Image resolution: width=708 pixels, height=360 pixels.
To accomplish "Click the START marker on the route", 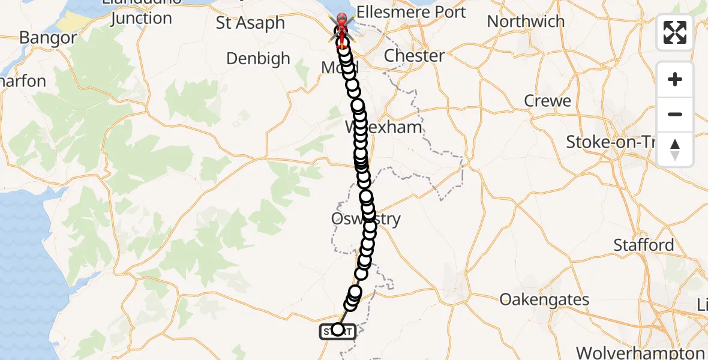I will [x=338, y=330].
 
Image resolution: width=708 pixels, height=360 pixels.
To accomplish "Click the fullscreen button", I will [x=675, y=32].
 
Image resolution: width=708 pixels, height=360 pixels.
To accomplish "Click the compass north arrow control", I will [x=675, y=149].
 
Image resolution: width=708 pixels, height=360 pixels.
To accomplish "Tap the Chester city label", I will [x=414, y=56].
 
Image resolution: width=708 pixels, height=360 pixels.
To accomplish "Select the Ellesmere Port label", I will [x=410, y=12].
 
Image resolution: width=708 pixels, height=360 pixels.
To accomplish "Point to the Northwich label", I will [x=526, y=22].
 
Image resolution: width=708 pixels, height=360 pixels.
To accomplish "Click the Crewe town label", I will [x=548, y=101].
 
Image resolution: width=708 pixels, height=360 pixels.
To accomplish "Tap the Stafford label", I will [x=644, y=245].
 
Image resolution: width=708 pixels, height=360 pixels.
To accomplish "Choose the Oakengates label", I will [x=544, y=299].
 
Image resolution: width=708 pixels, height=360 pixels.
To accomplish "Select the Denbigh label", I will [x=258, y=59].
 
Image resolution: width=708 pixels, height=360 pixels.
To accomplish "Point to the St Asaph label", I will [x=250, y=23].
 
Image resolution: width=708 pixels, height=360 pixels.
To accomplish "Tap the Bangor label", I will [x=48, y=38].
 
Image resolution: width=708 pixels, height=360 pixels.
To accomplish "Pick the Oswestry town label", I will [x=365, y=219].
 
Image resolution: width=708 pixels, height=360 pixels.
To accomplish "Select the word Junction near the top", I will [x=142, y=18].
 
